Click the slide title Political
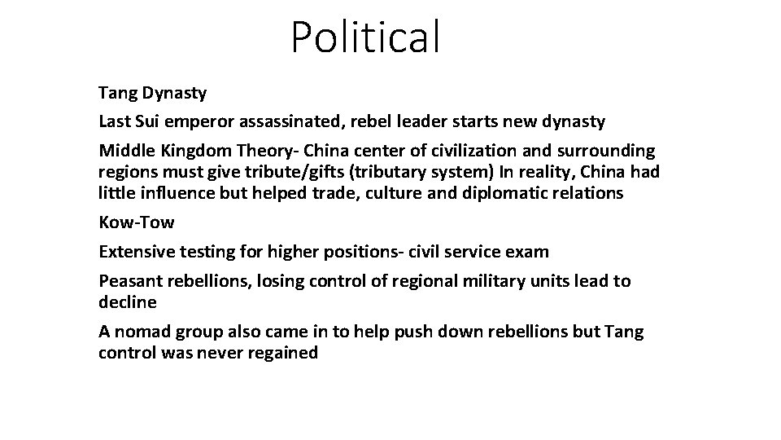pyautogui.click(x=366, y=37)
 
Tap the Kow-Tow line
pyautogui.click(x=137, y=222)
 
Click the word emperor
pyautogui.click(x=194, y=122)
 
